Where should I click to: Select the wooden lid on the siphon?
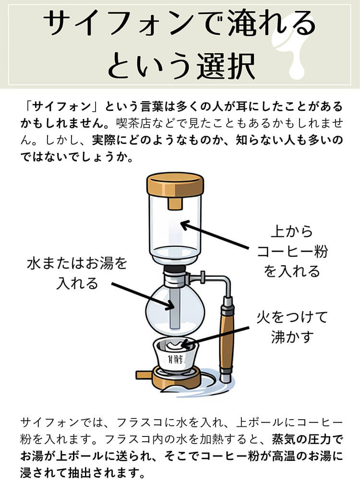[x=175, y=185]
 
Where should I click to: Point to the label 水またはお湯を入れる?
[x=77, y=273]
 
